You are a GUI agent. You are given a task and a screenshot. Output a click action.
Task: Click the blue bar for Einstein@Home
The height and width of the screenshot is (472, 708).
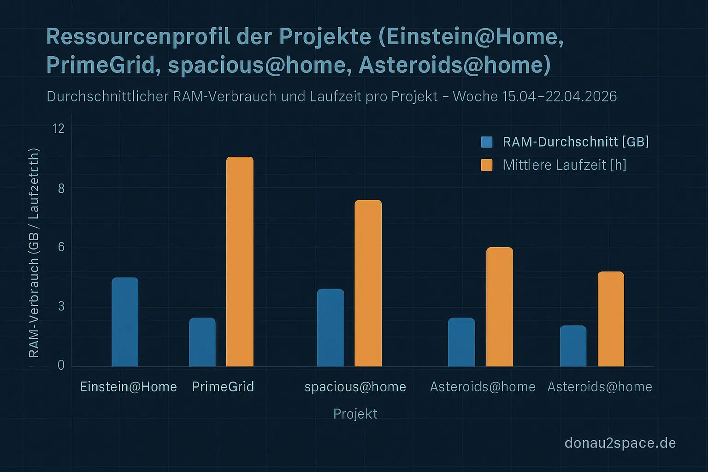[x=125, y=322]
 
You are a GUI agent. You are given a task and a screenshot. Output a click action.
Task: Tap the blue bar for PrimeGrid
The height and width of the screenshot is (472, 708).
[x=202, y=342]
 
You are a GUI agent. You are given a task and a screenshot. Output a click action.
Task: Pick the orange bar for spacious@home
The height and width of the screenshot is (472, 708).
[x=368, y=283]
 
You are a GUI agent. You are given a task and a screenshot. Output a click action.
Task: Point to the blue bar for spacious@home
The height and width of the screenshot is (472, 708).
[x=330, y=328]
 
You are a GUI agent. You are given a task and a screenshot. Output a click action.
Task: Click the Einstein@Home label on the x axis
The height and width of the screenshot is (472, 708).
[x=128, y=387]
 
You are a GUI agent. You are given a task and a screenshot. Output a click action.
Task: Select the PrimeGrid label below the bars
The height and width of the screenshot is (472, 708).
[x=223, y=387]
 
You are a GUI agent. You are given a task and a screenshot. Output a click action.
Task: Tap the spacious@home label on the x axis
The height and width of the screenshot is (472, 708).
[x=355, y=387]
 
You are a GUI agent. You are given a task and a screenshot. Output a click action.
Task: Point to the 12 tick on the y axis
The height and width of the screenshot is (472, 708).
[x=59, y=129]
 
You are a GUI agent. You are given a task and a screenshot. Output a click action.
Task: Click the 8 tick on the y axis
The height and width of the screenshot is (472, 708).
[x=61, y=188]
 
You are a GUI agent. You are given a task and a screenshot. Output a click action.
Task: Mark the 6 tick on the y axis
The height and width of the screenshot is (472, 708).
[x=61, y=247]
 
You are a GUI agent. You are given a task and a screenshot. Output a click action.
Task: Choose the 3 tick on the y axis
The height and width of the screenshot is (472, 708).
[x=61, y=307]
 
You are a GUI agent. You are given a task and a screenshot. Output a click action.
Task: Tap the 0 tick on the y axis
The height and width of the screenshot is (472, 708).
[x=61, y=366]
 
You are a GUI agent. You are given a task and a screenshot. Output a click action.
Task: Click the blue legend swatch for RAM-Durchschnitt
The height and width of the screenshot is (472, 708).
[x=486, y=142]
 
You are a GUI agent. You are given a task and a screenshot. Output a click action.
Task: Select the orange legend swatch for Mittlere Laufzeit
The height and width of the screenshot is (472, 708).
[x=486, y=165]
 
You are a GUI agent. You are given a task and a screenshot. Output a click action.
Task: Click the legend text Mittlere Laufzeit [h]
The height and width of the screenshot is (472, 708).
[x=565, y=165]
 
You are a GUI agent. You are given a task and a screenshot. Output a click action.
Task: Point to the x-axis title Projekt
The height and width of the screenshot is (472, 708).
[x=355, y=414]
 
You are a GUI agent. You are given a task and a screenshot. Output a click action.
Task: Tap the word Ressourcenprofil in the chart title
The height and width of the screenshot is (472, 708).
[x=138, y=37]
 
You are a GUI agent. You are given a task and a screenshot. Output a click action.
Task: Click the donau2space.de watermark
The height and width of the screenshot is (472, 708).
[x=620, y=443]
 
